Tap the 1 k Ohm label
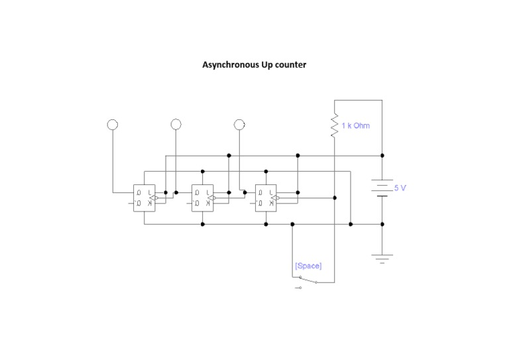point(356,125)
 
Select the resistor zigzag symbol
point(335,125)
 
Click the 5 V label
point(400,188)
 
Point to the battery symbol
point(382,188)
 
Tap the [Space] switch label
point(308,265)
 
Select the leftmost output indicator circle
point(113,124)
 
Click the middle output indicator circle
point(176,124)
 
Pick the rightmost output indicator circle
point(239,124)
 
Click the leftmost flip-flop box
point(144,198)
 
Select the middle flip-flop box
point(202,198)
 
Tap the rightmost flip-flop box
point(266,198)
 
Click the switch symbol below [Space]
point(307,282)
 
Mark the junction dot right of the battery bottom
point(382,224)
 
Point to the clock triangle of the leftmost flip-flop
point(156,198)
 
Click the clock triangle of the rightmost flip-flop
point(278,198)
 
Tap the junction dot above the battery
point(382,155)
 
